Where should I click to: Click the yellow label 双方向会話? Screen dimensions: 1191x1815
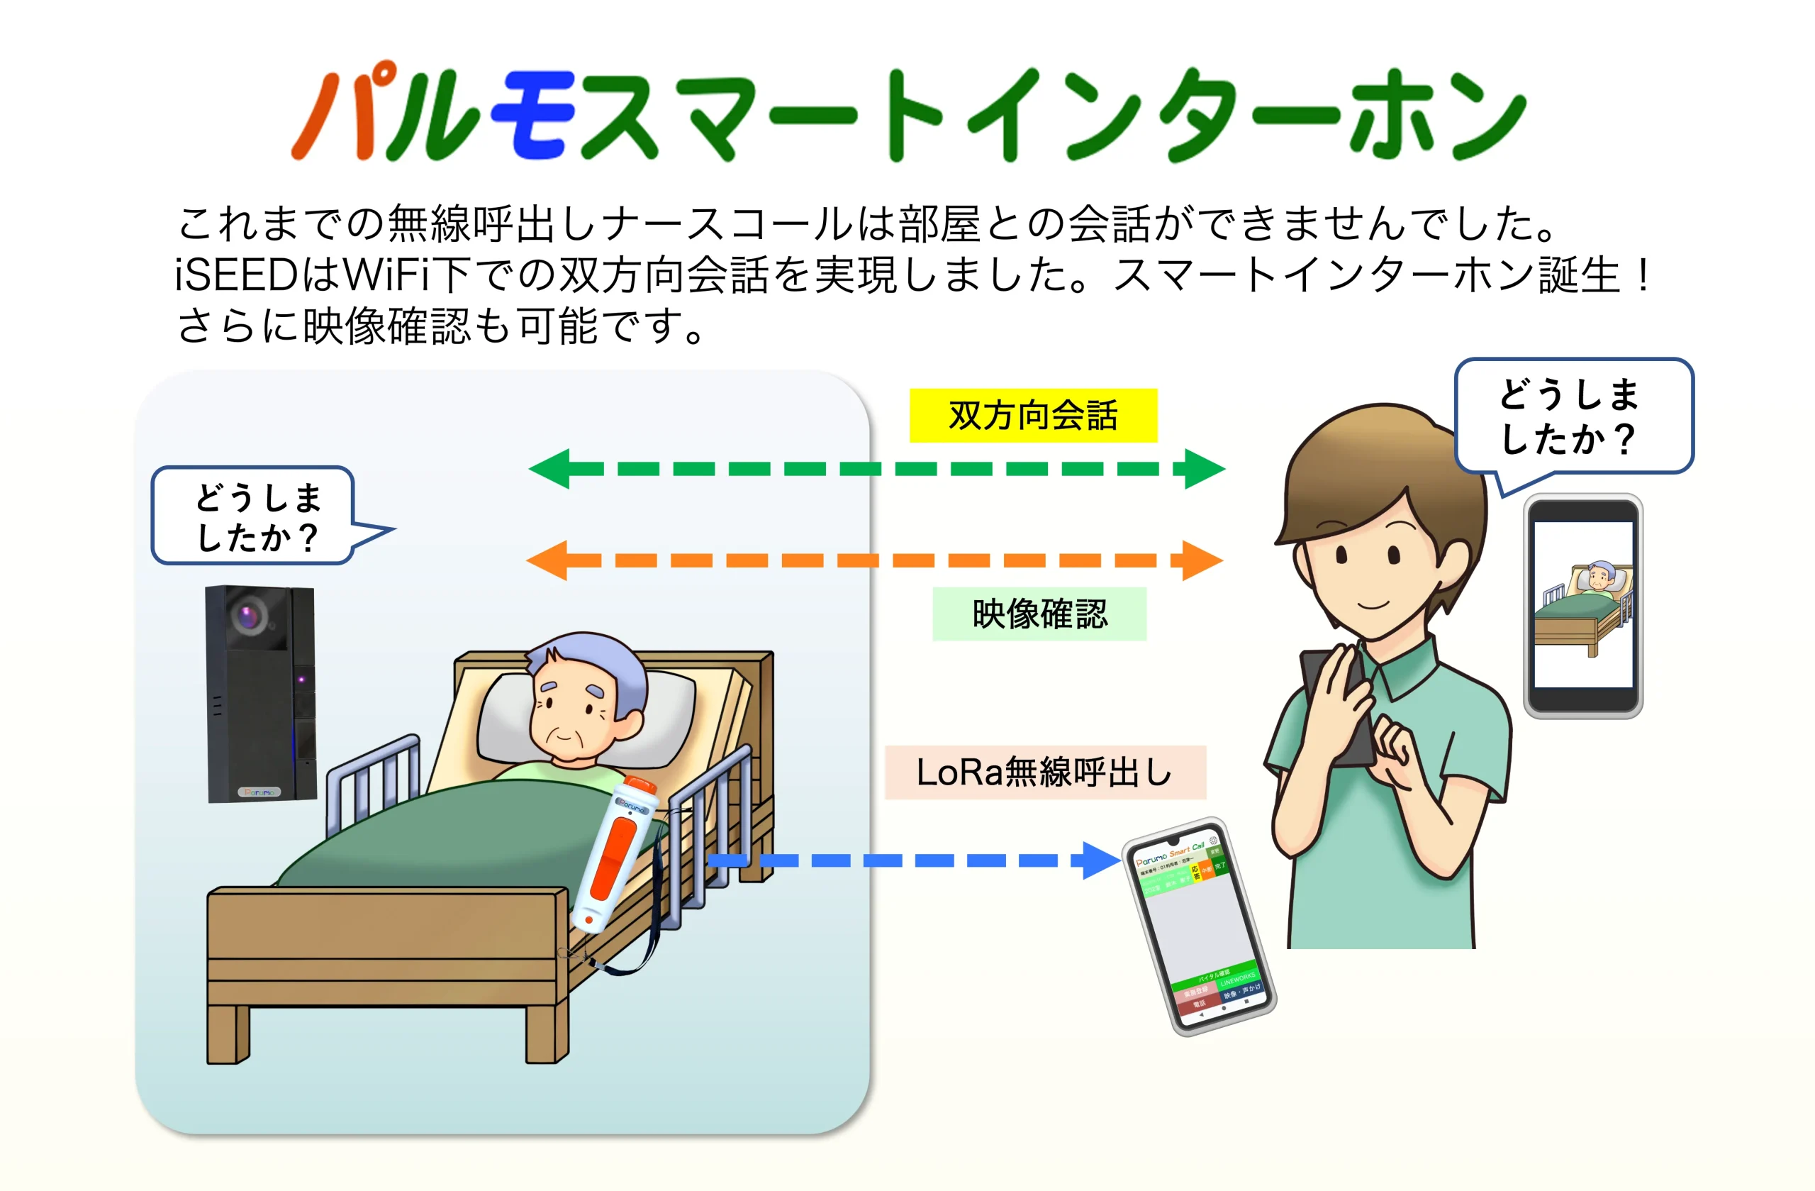pyautogui.click(x=1032, y=416)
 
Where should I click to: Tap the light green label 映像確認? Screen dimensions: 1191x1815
pyautogui.click(x=1039, y=614)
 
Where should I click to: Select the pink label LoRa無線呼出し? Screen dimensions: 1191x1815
pyautogui.click(x=1045, y=772)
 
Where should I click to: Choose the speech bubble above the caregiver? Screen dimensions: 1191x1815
pyautogui.click(x=1573, y=416)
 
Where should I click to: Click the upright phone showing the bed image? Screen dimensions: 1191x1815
pyautogui.click(x=1582, y=606)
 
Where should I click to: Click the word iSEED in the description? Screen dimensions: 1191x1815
pyautogui.click(x=235, y=275)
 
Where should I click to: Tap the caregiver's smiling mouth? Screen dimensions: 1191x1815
pyautogui.click(x=1373, y=605)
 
